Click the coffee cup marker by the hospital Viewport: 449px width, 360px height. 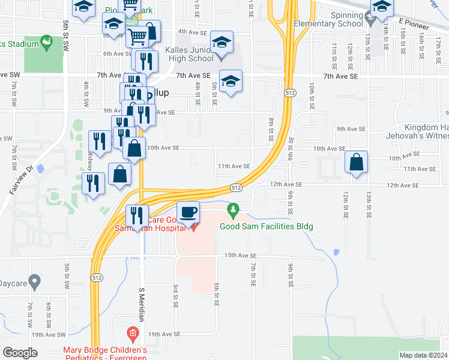pos(188,212)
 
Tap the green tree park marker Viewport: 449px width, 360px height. pos(234,211)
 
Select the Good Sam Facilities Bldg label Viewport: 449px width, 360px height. pos(267,226)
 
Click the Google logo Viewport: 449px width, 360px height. pos(20,353)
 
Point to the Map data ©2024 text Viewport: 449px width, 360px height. pos(423,355)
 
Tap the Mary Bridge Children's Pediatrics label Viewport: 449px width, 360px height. pos(105,354)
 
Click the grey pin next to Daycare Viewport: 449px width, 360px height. pos(34,280)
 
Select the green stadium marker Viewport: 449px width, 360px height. pos(46,43)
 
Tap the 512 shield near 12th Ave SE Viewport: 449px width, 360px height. pos(237,188)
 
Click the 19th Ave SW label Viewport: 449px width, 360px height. pos(49,335)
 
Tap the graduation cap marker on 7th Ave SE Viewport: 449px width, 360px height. pos(231,81)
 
